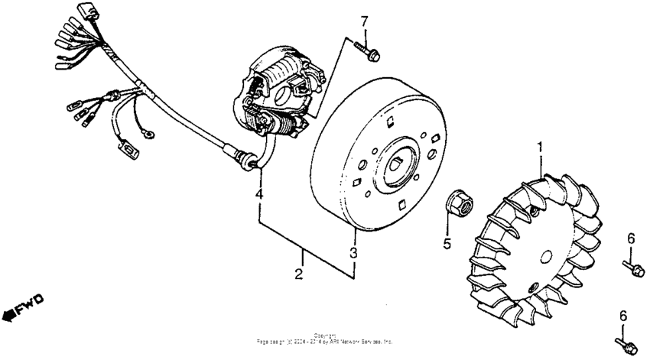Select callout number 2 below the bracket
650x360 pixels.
pyautogui.click(x=299, y=273)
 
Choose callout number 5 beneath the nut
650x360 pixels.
pyautogui.click(x=447, y=244)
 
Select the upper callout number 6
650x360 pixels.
pyautogui.click(x=631, y=238)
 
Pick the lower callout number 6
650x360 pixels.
pyautogui.click(x=623, y=315)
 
